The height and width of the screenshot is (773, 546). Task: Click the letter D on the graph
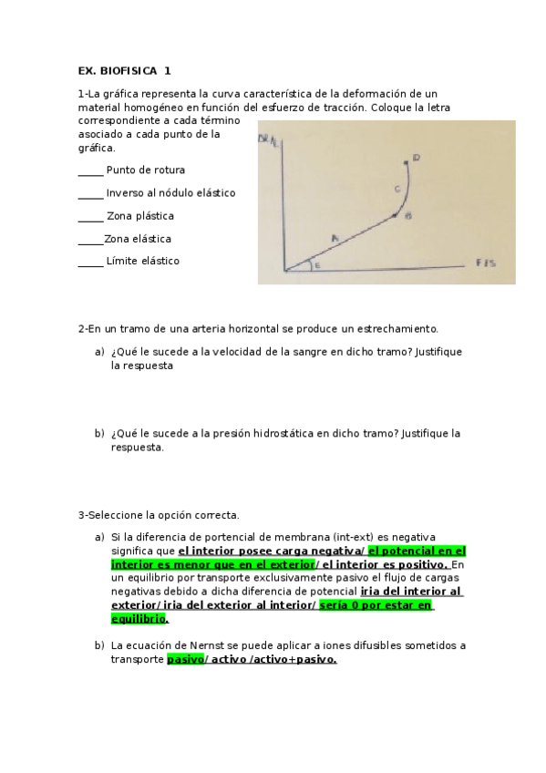(x=416, y=159)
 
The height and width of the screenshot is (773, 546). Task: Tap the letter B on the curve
(x=407, y=216)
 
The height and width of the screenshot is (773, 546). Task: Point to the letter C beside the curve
(x=397, y=189)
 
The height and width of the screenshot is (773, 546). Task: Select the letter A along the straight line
(x=335, y=238)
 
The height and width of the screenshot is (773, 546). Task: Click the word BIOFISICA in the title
(x=129, y=70)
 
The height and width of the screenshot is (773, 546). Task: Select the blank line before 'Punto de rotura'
(x=90, y=170)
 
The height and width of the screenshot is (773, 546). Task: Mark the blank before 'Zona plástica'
(x=90, y=216)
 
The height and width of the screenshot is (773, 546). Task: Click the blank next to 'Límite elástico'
(x=90, y=262)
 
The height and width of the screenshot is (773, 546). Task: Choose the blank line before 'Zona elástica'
(x=90, y=239)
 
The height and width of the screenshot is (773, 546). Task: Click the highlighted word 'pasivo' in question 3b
(x=185, y=659)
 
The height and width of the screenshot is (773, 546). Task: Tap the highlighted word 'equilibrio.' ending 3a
(x=139, y=618)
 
